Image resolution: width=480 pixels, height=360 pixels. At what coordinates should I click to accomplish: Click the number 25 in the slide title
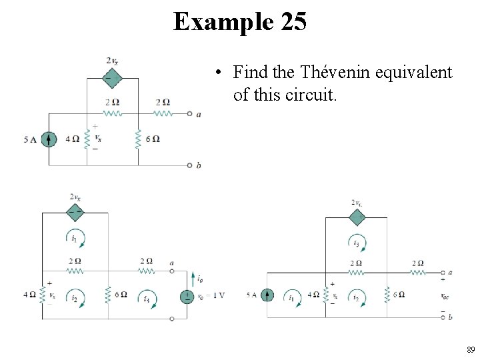294,22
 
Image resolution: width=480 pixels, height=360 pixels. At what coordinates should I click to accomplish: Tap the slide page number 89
470,349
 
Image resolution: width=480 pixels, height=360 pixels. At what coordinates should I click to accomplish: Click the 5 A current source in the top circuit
48,139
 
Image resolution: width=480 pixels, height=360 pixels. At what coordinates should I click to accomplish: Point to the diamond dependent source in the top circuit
112,78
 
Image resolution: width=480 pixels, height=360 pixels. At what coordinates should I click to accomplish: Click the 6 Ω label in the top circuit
153,139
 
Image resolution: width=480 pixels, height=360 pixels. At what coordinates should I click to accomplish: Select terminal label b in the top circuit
198,165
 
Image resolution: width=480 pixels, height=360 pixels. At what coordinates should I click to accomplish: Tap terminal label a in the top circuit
198,114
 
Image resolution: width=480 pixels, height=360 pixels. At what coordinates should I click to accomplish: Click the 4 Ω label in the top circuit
72,139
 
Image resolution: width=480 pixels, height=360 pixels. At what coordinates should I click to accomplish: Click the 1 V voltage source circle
189,295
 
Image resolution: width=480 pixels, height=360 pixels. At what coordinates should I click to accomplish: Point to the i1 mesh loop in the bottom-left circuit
75,237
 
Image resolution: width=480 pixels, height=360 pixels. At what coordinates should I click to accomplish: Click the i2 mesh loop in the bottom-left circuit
75,297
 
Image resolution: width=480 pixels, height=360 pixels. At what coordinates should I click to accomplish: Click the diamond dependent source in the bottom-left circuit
75,213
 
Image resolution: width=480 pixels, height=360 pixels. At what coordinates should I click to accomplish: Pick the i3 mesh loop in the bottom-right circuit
357,243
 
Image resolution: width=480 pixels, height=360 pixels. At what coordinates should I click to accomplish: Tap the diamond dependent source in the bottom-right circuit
357,217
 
